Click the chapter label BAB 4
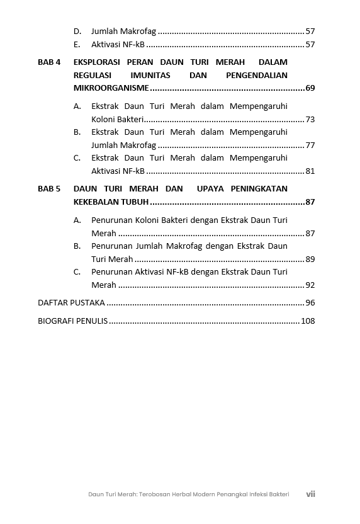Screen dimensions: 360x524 coord(49,63)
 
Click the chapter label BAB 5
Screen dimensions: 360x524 coord(49,189)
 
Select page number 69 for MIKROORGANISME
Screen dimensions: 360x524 coord(310,88)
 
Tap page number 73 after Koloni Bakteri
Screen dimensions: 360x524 coord(310,120)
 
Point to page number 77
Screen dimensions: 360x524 coord(310,145)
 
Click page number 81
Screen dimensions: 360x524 coord(310,171)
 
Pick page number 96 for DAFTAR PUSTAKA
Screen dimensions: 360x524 coord(310,303)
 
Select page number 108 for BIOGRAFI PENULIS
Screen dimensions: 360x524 coord(308,321)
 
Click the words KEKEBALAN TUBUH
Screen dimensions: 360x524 coord(111,202)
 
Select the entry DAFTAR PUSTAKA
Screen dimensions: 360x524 coord(71,303)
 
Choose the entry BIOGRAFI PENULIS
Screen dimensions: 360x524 coord(72,321)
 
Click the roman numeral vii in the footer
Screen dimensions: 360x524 coord(310,494)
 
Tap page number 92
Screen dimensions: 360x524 coord(310,285)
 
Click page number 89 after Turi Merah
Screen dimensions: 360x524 coord(310,259)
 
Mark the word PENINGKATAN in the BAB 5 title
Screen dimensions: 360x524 coord(259,189)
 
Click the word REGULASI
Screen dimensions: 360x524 coord(94,76)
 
